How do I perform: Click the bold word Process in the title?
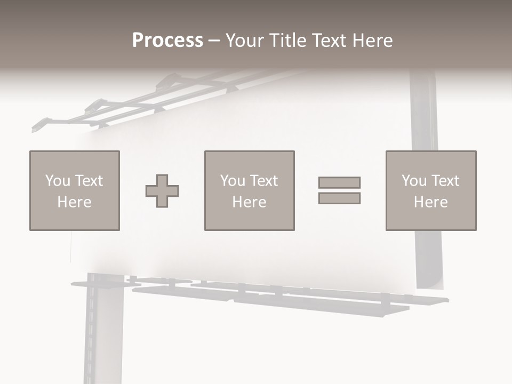pyautogui.click(x=167, y=41)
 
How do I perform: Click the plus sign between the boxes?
pyautogui.click(x=162, y=191)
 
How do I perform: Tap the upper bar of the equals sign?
pyautogui.click(x=339, y=182)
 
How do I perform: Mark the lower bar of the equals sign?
pyautogui.click(x=339, y=198)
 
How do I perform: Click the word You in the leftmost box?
pyautogui.click(x=57, y=181)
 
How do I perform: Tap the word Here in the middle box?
pyautogui.click(x=250, y=202)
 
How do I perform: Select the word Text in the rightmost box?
pyautogui.click(x=445, y=181)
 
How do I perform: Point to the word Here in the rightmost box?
pyautogui.click(x=431, y=202)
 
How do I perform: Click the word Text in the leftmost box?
pyautogui.click(x=89, y=181)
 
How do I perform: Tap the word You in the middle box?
pyautogui.click(x=232, y=181)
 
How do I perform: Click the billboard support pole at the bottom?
pyautogui.click(x=103, y=336)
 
